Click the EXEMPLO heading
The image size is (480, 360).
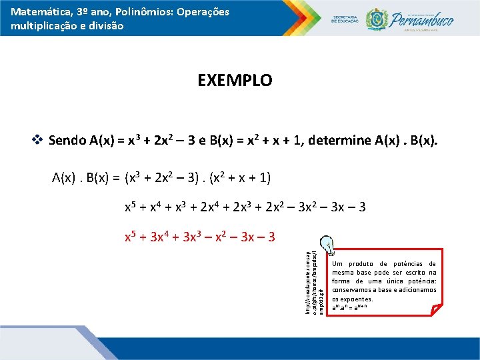coord(235,81)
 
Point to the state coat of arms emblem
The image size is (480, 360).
coord(377,19)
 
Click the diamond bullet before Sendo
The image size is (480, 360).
coord(37,140)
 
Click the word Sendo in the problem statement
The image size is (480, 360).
coord(67,140)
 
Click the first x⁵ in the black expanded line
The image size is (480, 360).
coord(132,207)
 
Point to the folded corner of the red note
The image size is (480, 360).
coord(433,309)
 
